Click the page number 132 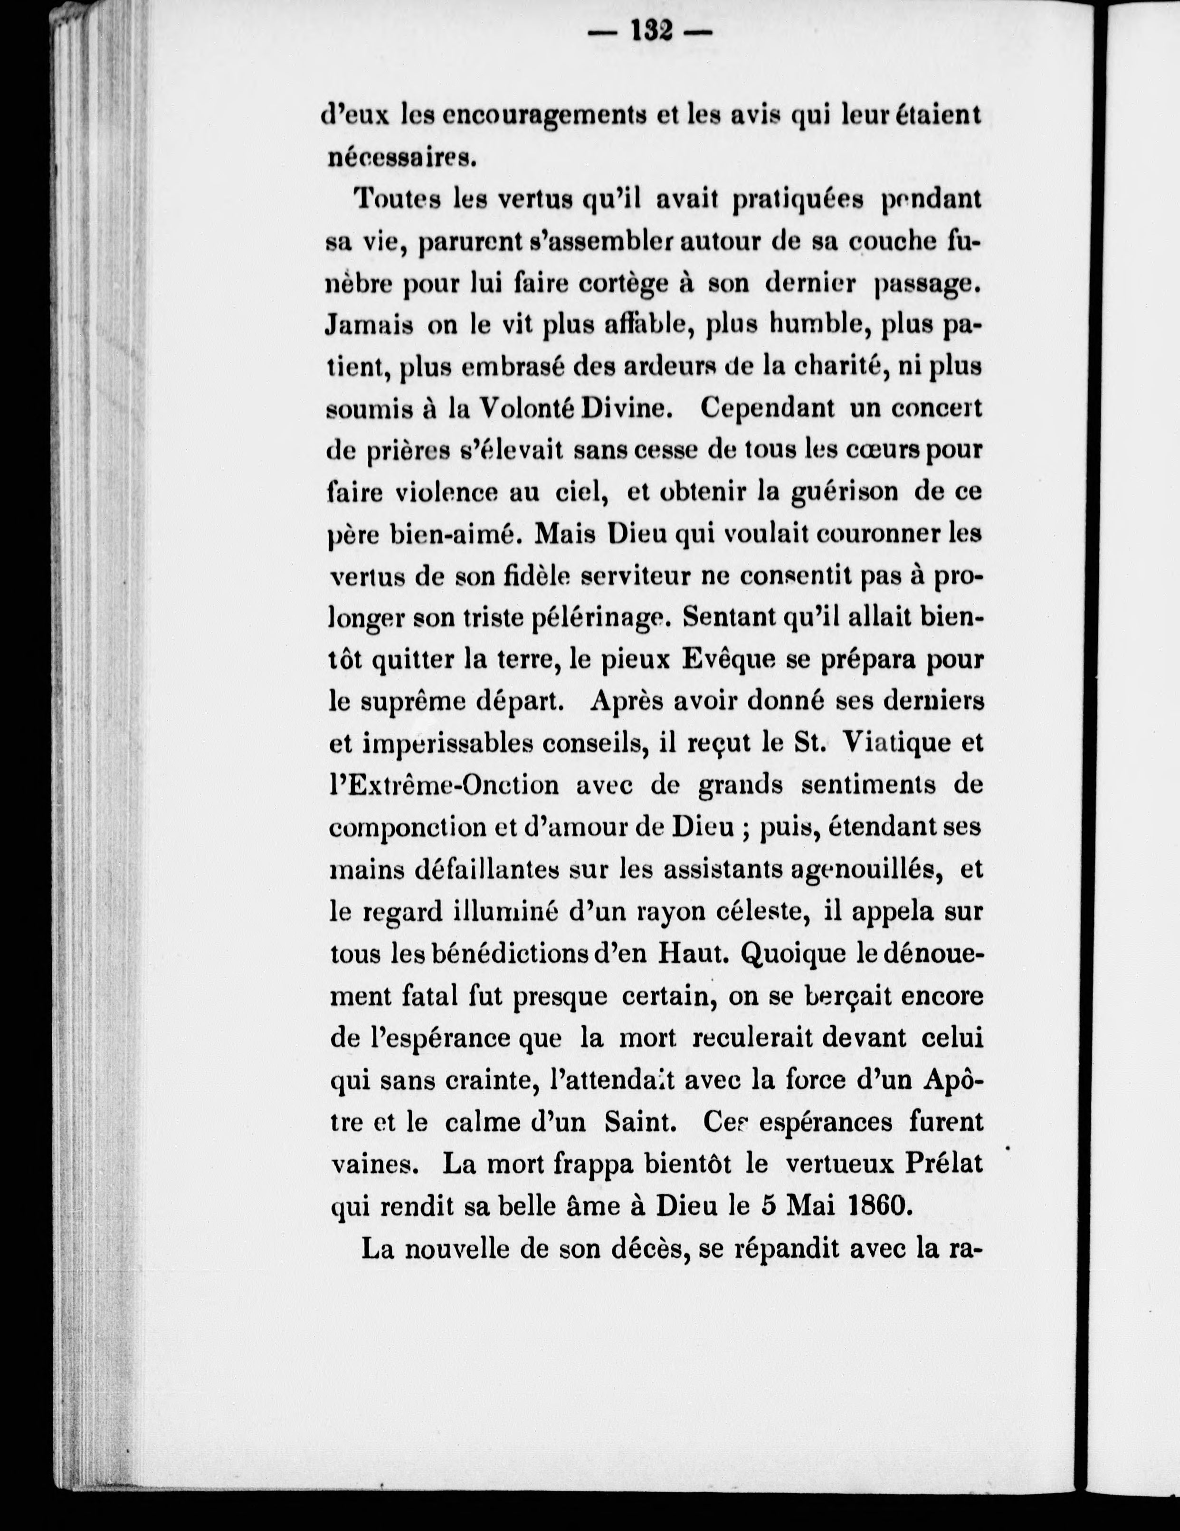[653, 31]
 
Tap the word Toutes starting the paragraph [396, 200]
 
